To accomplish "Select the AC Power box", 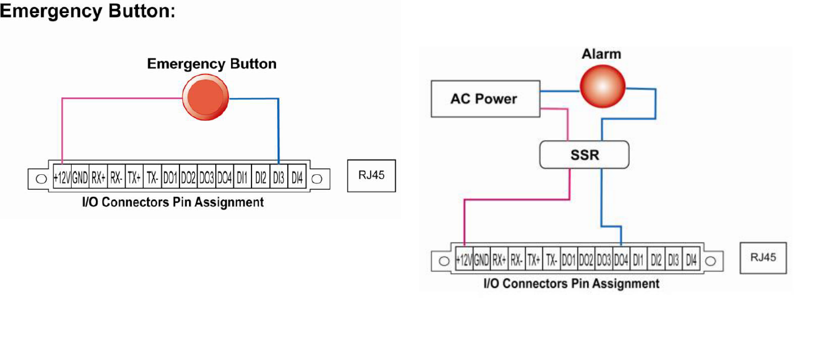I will (484, 99).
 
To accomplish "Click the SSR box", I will (584, 154).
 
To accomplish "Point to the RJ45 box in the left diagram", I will (371, 175).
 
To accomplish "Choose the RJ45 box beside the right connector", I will (763, 257).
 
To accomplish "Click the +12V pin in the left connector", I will (61, 178).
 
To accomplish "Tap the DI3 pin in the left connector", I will (278, 178).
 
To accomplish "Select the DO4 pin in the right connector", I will (621, 261).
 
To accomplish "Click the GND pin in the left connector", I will (79, 178).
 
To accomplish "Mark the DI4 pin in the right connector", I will (691, 261).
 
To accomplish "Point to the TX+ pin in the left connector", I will (133, 178).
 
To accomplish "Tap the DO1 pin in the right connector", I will (568, 261).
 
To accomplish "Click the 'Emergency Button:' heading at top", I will (87, 11).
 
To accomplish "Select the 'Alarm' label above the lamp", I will (601, 55).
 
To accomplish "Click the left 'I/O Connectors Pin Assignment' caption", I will (173, 202).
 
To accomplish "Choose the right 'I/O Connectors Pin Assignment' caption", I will (571, 283).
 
